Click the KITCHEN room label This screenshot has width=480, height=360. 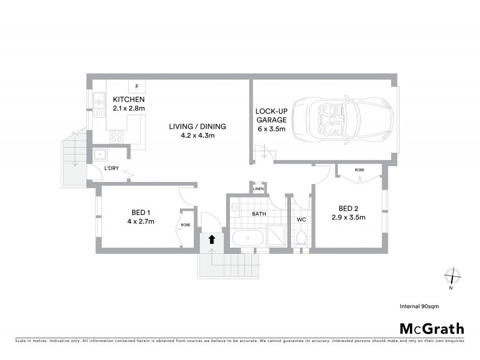128,100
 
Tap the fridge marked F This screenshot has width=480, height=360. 137,87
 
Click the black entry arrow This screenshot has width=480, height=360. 211,239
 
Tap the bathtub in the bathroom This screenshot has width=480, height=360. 247,238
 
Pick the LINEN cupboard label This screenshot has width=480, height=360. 259,189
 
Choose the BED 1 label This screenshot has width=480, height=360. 141,212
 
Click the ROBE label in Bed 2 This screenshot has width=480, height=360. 359,170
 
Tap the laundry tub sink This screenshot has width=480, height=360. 100,154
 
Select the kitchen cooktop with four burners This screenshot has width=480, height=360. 116,136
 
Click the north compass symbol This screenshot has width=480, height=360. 451,278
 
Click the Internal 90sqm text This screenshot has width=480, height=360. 419,306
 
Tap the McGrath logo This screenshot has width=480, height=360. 432,328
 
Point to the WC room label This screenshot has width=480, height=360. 302,220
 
